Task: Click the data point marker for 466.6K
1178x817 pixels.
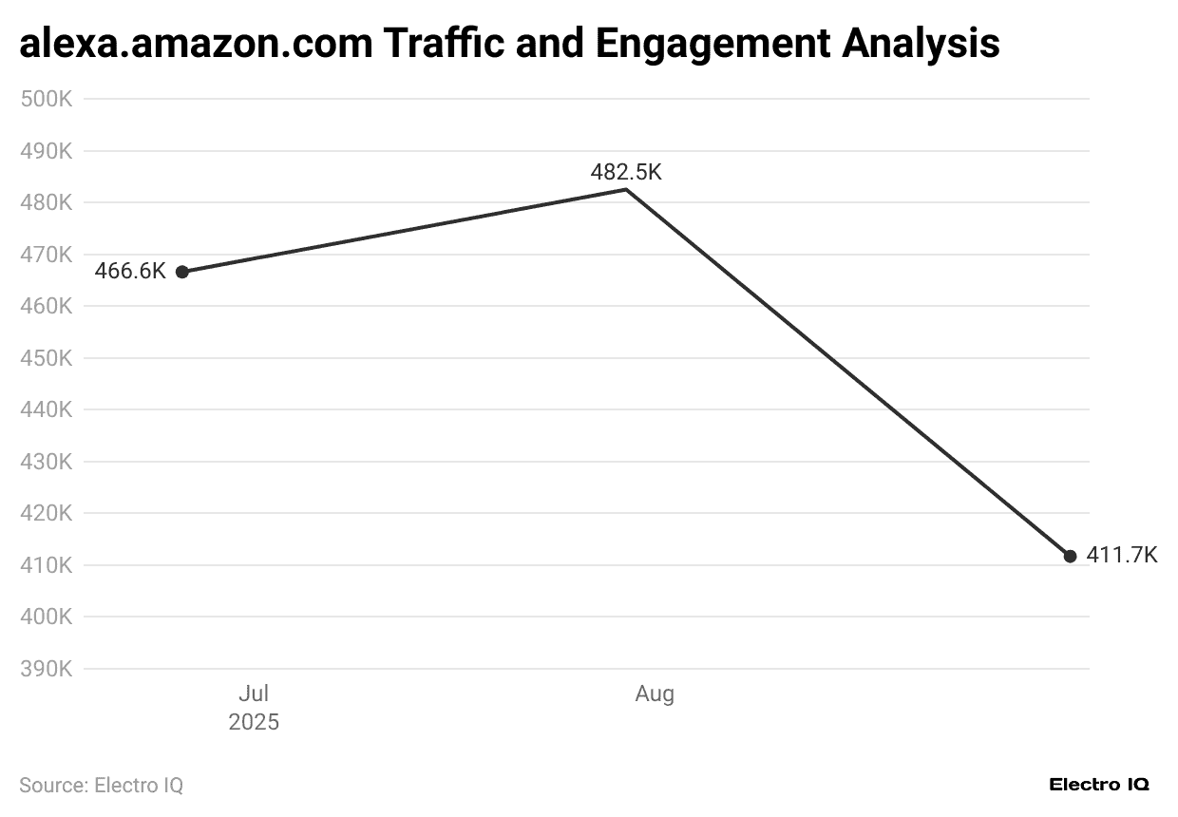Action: (182, 272)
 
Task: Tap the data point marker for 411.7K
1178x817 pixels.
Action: (1071, 556)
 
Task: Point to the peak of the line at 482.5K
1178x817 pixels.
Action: (626, 190)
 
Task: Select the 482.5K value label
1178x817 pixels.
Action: (625, 172)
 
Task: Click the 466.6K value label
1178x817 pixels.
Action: (130, 272)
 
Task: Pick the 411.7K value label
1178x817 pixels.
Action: (1122, 556)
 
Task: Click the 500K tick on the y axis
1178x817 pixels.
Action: (47, 99)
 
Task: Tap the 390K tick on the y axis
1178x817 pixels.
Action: (47, 669)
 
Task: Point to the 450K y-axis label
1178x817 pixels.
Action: (47, 358)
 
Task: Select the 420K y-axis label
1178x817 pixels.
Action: (47, 513)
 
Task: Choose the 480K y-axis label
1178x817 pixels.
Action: (47, 202)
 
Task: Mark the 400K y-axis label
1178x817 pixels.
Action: (47, 617)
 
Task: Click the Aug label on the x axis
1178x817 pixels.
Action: (655, 694)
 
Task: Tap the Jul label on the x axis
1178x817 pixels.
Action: (254, 694)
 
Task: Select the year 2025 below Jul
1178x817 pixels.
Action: (254, 722)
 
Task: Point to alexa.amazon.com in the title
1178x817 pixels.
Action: (196, 44)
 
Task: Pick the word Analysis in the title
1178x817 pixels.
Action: (920, 44)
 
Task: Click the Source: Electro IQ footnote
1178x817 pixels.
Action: (101, 786)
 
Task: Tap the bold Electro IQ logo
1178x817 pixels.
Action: (1099, 785)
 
